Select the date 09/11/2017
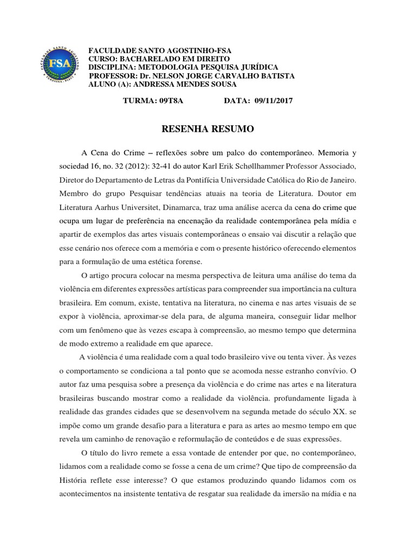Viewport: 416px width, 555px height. point(269,101)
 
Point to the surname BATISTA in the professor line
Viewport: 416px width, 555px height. point(275,76)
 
